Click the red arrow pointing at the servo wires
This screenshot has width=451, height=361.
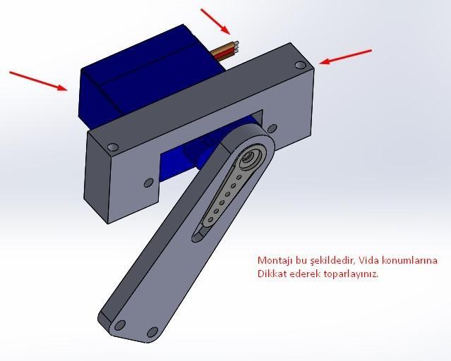point(215,20)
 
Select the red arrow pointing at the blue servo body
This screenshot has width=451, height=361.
point(39,80)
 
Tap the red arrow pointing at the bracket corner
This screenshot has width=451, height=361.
point(346,56)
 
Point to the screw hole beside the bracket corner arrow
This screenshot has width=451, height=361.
point(301,66)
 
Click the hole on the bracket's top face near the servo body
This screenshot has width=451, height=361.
point(112,147)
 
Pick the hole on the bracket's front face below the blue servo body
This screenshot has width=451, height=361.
point(148,183)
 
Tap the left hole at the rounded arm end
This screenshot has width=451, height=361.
point(120,324)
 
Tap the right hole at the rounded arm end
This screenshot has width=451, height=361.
point(152,332)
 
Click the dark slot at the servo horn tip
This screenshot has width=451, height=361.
point(201,232)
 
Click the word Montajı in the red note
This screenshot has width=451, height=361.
point(273,261)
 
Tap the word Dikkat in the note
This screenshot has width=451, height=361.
point(271,274)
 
